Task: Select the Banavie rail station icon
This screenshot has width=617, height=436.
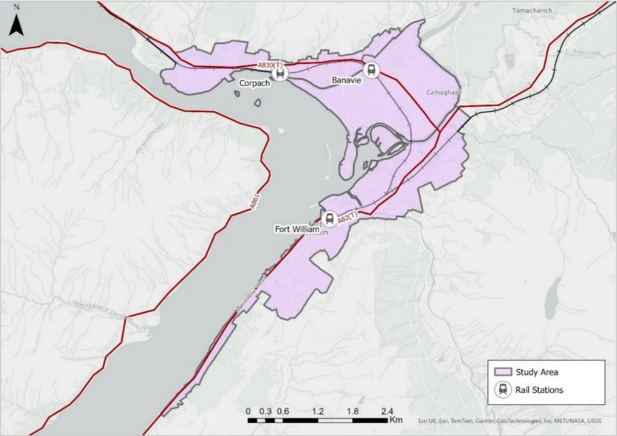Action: tap(371, 70)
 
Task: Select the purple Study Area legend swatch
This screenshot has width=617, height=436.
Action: tap(502, 372)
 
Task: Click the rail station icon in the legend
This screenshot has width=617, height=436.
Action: tap(503, 390)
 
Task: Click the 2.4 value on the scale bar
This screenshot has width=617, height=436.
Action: tap(387, 411)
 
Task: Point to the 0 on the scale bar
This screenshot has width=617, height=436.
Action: tap(248, 411)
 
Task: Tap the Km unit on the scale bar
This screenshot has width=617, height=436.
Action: tap(396, 420)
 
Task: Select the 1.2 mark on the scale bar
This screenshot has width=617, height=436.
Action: tap(317, 411)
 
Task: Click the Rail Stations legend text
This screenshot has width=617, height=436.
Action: tap(539, 390)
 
